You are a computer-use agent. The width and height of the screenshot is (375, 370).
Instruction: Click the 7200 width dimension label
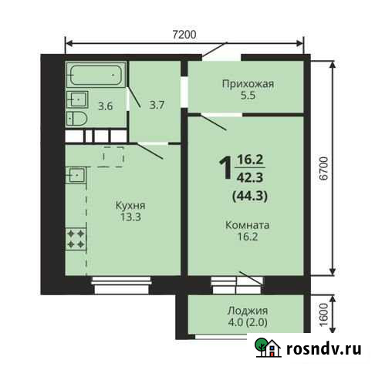(x=184, y=34)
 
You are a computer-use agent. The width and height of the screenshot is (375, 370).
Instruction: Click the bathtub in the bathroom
(x=96, y=76)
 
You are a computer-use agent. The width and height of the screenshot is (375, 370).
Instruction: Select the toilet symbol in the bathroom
(x=76, y=117)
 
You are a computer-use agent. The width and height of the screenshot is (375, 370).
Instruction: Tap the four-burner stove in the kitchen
(x=76, y=237)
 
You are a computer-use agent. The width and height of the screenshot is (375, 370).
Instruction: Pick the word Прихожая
(x=248, y=85)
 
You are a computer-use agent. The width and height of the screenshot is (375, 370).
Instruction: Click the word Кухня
(x=130, y=207)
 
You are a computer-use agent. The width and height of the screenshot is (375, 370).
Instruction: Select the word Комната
(x=247, y=227)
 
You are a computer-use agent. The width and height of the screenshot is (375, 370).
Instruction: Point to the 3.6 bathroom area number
(x=105, y=106)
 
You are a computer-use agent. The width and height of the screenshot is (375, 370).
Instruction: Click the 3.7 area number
(x=157, y=104)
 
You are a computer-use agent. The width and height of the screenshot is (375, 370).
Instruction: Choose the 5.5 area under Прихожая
(x=248, y=96)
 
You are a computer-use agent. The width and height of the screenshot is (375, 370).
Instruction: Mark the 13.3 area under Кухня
(x=130, y=218)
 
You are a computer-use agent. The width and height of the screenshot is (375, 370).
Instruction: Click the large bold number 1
(x=225, y=167)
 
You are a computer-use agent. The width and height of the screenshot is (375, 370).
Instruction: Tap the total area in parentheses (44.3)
(x=250, y=195)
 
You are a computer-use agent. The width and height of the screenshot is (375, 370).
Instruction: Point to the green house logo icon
(x=269, y=348)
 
